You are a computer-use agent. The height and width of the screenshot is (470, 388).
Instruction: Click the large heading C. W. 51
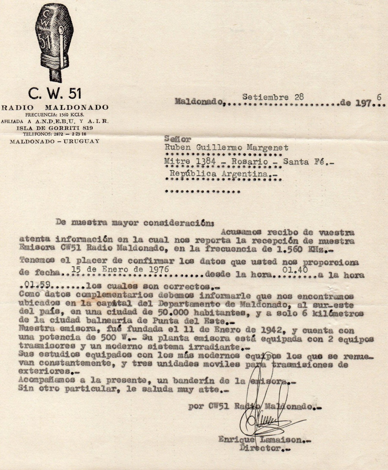point(55,94)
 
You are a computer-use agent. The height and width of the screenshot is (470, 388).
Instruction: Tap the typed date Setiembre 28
point(273,97)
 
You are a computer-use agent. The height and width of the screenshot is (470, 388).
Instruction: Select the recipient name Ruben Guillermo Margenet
point(226,148)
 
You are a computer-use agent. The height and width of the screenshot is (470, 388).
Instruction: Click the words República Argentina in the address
point(223,174)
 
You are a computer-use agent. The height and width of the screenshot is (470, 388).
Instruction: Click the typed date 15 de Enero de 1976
point(120,270)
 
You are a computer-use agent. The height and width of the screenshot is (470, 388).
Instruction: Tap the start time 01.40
point(295,269)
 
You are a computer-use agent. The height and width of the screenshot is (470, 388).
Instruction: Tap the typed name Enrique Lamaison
point(260,440)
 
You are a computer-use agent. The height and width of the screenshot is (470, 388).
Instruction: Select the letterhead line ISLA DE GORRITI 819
point(55,128)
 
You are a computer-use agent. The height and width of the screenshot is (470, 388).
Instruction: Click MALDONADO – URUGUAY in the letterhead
point(55,141)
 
